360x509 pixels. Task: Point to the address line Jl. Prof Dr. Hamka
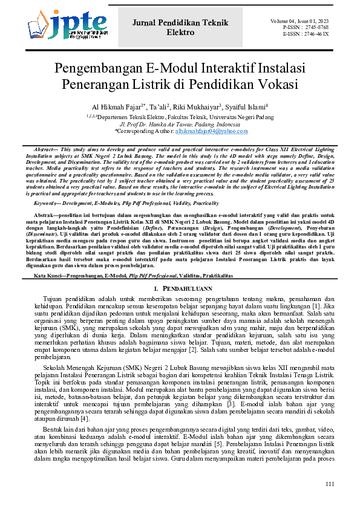click(180, 123)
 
